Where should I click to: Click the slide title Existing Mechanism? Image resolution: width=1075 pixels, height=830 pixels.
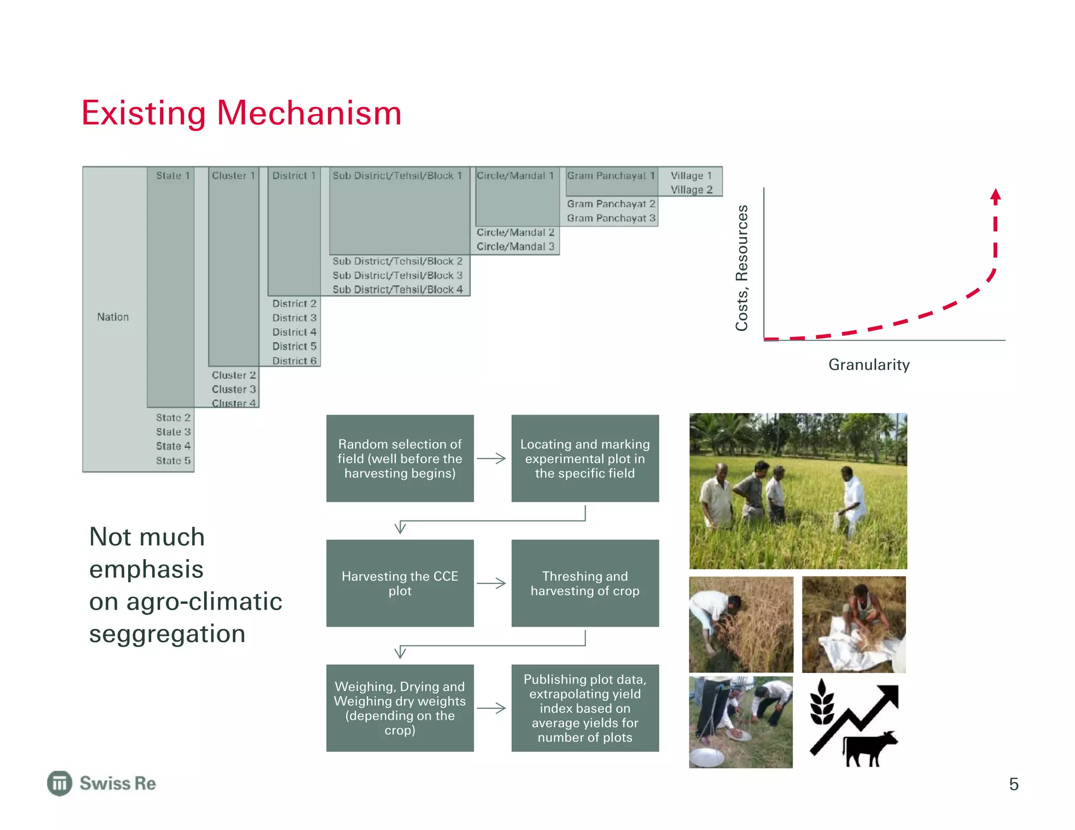241,113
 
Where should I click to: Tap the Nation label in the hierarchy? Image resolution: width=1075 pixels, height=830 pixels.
113,317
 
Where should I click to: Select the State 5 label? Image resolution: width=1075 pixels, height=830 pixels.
173,461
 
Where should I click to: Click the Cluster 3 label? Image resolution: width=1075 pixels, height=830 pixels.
234,389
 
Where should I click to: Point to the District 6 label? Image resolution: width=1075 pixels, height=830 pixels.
294,361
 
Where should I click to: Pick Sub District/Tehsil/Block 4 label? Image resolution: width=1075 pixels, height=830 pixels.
397,290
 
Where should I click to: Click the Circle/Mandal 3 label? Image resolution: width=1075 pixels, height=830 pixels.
515,247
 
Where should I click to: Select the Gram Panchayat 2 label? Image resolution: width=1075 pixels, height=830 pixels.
611,204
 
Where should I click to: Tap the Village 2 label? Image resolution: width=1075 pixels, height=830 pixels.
691,190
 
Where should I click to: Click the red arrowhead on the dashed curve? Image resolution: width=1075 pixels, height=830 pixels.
995,196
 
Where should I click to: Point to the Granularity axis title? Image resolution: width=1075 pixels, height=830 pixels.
869,365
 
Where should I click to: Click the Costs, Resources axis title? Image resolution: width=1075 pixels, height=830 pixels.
742,268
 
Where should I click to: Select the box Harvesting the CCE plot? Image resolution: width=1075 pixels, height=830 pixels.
400,583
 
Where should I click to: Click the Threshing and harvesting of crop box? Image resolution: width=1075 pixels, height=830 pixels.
585,583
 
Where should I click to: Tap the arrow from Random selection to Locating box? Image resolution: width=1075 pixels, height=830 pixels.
492,459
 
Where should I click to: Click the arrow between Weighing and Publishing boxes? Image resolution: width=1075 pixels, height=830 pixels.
492,708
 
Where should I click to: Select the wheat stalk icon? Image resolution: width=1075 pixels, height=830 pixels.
823,703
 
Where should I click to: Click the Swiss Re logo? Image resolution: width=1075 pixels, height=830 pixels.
102,783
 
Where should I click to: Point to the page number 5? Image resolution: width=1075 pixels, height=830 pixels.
1014,784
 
